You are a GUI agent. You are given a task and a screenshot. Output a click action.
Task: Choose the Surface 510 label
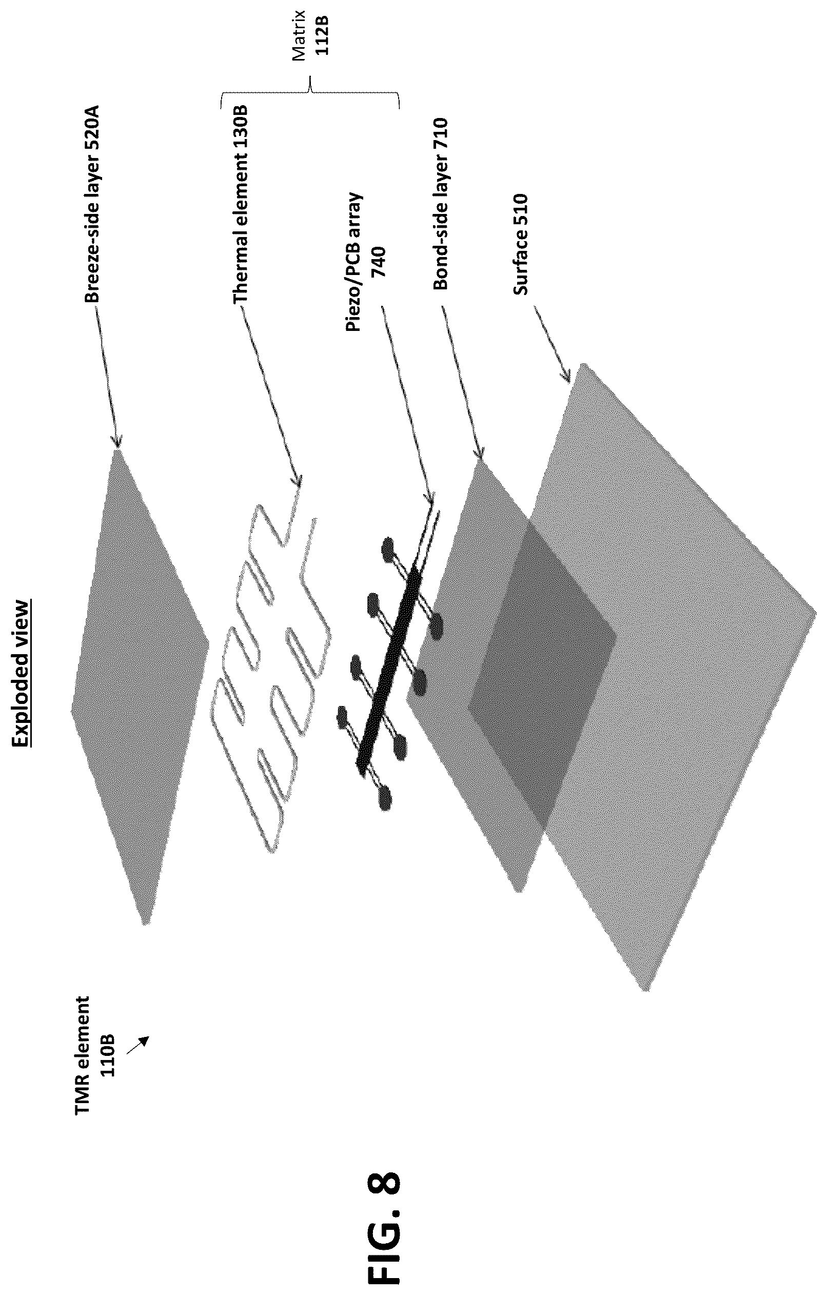(x=521, y=244)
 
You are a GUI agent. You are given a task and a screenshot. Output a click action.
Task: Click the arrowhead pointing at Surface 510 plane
(x=566, y=377)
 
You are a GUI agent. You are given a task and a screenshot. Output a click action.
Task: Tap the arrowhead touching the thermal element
(x=296, y=481)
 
